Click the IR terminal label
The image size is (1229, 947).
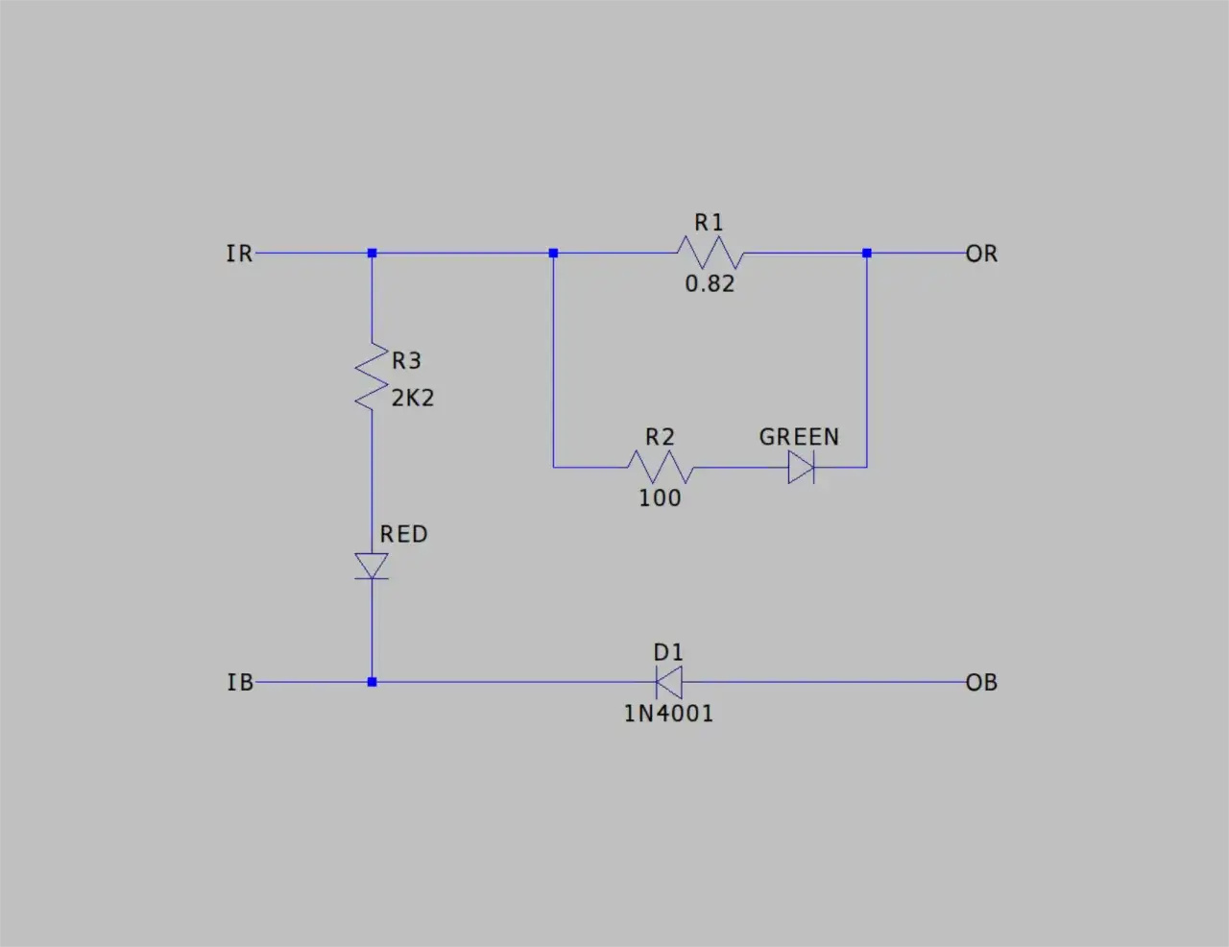click(239, 254)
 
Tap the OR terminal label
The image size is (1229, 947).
click(981, 254)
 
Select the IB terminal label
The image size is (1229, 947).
click(240, 682)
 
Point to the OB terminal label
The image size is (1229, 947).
click(981, 682)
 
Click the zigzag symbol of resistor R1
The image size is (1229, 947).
click(711, 253)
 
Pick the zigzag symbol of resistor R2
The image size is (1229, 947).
click(661, 467)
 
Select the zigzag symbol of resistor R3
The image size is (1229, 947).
click(372, 376)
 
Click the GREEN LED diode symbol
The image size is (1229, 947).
click(802, 468)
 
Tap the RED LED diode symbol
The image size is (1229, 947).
click(372, 567)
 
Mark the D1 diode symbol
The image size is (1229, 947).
click(669, 682)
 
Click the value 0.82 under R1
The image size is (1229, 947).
click(710, 284)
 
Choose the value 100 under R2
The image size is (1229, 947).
click(660, 498)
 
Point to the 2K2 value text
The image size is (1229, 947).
click(413, 399)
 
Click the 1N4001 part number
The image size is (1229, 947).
click(668, 714)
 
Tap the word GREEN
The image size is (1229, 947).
click(799, 437)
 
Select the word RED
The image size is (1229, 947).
click(404, 534)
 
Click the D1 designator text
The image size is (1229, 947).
click(668, 652)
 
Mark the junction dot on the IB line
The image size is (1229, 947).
click(372, 682)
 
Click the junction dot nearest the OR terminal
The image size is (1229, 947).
click(866, 253)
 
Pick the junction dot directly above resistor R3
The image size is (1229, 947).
click(372, 253)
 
